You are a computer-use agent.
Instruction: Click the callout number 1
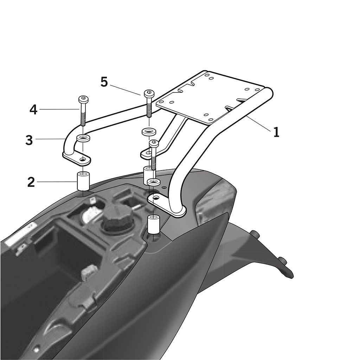(276, 132)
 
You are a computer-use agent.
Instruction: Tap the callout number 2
(31, 182)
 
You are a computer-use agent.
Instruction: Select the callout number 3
(29, 140)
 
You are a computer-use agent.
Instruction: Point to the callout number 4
(33, 110)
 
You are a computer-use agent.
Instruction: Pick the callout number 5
(104, 82)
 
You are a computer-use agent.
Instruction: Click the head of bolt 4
(83, 99)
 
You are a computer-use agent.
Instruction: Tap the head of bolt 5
(149, 94)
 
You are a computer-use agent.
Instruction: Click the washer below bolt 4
(83, 139)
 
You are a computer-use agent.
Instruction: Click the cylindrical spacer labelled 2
(83, 181)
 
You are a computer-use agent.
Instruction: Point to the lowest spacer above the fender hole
(153, 224)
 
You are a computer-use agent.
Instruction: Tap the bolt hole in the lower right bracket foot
(156, 198)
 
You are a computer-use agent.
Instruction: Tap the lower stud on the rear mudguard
(282, 261)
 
